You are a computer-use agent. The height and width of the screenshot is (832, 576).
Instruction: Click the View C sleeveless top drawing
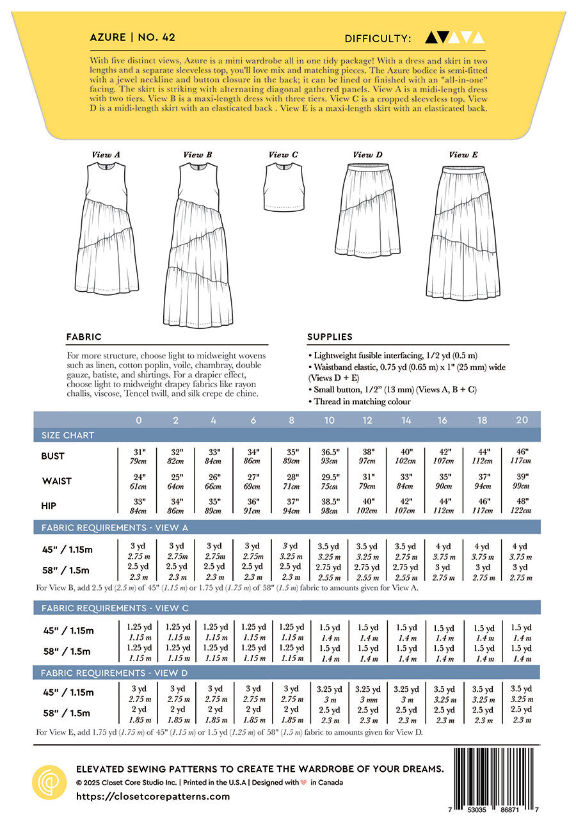click(284, 187)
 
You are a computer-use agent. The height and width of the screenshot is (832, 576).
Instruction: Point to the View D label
click(367, 155)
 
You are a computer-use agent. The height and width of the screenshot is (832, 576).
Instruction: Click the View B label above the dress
click(193, 155)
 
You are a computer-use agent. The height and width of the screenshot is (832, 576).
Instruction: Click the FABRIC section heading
click(84, 337)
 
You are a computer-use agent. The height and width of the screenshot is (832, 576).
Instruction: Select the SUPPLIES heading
click(330, 337)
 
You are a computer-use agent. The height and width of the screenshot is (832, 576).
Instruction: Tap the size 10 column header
click(330, 420)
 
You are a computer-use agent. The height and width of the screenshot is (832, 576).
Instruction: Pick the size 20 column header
click(521, 420)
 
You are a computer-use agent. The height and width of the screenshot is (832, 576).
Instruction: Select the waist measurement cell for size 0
click(138, 481)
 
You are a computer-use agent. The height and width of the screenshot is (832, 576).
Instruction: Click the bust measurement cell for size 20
click(521, 456)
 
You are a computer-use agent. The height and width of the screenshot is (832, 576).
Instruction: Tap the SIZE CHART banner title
click(68, 435)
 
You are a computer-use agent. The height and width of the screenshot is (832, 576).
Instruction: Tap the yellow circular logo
click(49, 781)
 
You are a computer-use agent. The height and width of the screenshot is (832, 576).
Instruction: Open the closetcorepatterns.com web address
click(152, 797)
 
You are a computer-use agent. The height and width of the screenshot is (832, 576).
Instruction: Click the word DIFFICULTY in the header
click(376, 38)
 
